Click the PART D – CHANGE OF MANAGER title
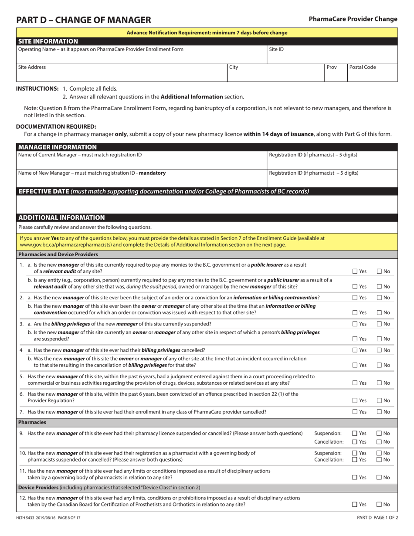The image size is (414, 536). coord(84,20)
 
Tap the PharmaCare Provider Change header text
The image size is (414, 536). coord(353,19)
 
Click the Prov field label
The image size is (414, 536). coord(332,67)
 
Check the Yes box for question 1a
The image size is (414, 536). coord(355,271)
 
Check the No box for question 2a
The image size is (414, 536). coord(379,298)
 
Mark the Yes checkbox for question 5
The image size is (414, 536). coord(355,383)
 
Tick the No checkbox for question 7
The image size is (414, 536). coord(379,412)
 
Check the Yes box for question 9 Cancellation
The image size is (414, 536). coord(355,442)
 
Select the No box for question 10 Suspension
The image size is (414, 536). coord(379,453)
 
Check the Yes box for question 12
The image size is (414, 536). coord(355,505)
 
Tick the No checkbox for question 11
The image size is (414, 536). coord(379,478)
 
